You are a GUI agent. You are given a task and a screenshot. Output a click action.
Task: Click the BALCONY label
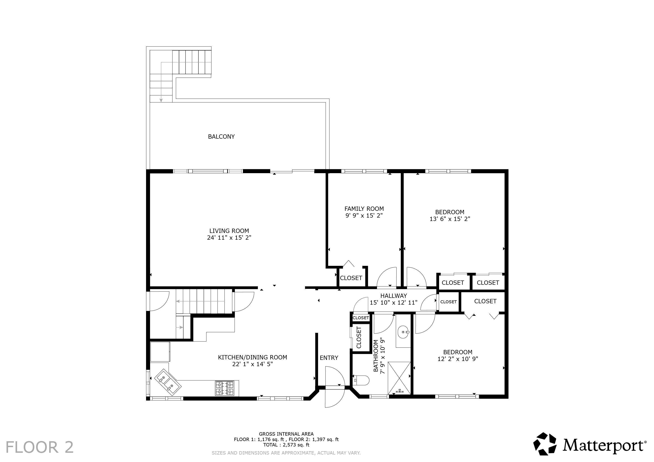click(x=221, y=137)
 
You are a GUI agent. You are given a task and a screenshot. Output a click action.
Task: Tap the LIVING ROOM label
click(x=229, y=231)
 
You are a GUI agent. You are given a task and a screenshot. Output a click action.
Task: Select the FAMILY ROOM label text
click(x=364, y=209)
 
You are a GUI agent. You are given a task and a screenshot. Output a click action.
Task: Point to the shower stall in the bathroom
click(x=399, y=378)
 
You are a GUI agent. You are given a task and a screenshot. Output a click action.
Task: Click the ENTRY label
click(x=329, y=358)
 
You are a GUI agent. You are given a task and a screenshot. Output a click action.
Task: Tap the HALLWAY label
click(x=394, y=296)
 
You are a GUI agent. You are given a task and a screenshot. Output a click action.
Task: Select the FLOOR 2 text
click(x=40, y=447)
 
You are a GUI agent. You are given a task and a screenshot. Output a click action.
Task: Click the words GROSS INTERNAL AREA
click(x=286, y=434)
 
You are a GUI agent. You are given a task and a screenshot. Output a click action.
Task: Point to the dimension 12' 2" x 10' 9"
click(x=458, y=359)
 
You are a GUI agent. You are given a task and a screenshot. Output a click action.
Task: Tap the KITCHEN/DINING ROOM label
click(x=253, y=357)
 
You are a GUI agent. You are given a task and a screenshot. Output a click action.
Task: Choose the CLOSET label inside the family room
click(x=351, y=278)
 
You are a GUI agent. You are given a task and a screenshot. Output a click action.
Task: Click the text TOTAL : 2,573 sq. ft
click(x=286, y=445)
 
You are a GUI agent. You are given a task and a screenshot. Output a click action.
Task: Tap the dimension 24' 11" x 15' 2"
click(x=229, y=238)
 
